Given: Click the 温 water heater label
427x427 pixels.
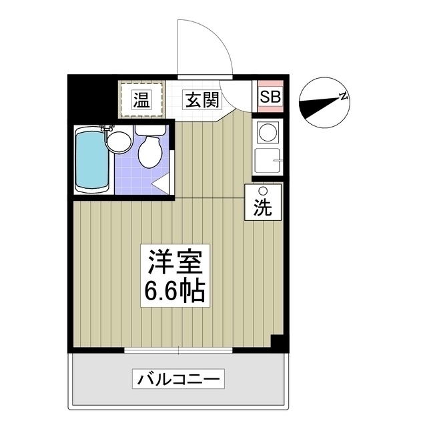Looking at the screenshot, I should pos(141,100).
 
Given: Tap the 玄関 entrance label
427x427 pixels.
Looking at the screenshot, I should pos(202,100).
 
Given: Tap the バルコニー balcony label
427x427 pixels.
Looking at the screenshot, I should pos(178,380).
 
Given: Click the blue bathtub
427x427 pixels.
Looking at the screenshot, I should pos(91,160).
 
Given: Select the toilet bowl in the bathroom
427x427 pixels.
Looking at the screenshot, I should pos(149,150).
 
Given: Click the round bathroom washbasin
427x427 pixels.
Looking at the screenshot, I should pos(119,140).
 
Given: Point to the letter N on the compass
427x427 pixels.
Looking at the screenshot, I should pos(344,97).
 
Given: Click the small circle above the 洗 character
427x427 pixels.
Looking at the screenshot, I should pos(262,191).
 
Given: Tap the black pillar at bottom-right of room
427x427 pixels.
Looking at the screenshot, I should pos(280,342).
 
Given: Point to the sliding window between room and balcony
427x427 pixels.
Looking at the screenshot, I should pos(179,350).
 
